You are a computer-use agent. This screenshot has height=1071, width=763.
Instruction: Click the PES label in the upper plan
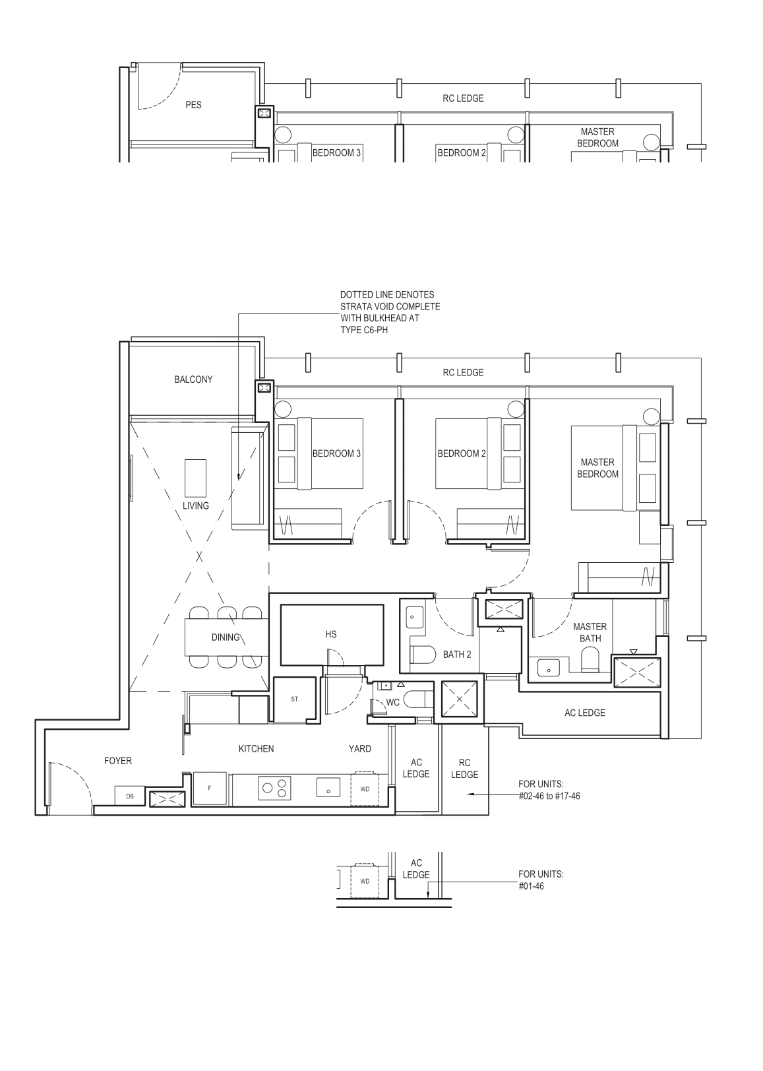pyautogui.click(x=193, y=105)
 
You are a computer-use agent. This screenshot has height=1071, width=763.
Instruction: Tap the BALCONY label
pyautogui.click(x=193, y=379)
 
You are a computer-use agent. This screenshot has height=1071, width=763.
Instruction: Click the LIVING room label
pyautogui.click(x=195, y=505)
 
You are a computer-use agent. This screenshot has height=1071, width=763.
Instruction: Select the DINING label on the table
pyautogui.click(x=226, y=637)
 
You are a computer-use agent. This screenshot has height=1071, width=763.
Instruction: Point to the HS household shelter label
pyautogui.click(x=331, y=634)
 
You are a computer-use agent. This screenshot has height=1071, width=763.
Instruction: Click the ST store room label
pyautogui.click(x=294, y=699)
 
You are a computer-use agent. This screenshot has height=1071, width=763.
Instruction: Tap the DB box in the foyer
pyautogui.click(x=130, y=796)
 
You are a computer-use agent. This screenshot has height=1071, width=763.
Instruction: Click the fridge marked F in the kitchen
pyautogui.click(x=209, y=789)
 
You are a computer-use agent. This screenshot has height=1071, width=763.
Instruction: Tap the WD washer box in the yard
pyautogui.click(x=365, y=789)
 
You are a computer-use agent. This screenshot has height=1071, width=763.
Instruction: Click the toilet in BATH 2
pyautogui.click(x=422, y=655)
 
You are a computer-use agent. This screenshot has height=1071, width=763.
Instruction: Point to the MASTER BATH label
pyautogui.click(x=590, y=632)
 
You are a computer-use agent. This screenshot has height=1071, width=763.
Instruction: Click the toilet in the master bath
pyautogui.click(x=590, y=658)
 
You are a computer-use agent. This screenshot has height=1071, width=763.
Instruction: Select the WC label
pyautogui.click(x=393, y=703)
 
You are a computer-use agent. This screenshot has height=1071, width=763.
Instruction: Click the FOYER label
pyautogui.click(x=118, y=761)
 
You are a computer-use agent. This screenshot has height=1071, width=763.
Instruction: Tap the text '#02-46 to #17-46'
pyautogui.click(x=549, y=796)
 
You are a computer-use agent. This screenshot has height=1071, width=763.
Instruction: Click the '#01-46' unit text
pyautogui.click(x=532, y=886)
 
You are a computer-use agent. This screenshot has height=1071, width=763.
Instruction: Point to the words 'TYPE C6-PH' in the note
pyautogui.click(x=364, y=330)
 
